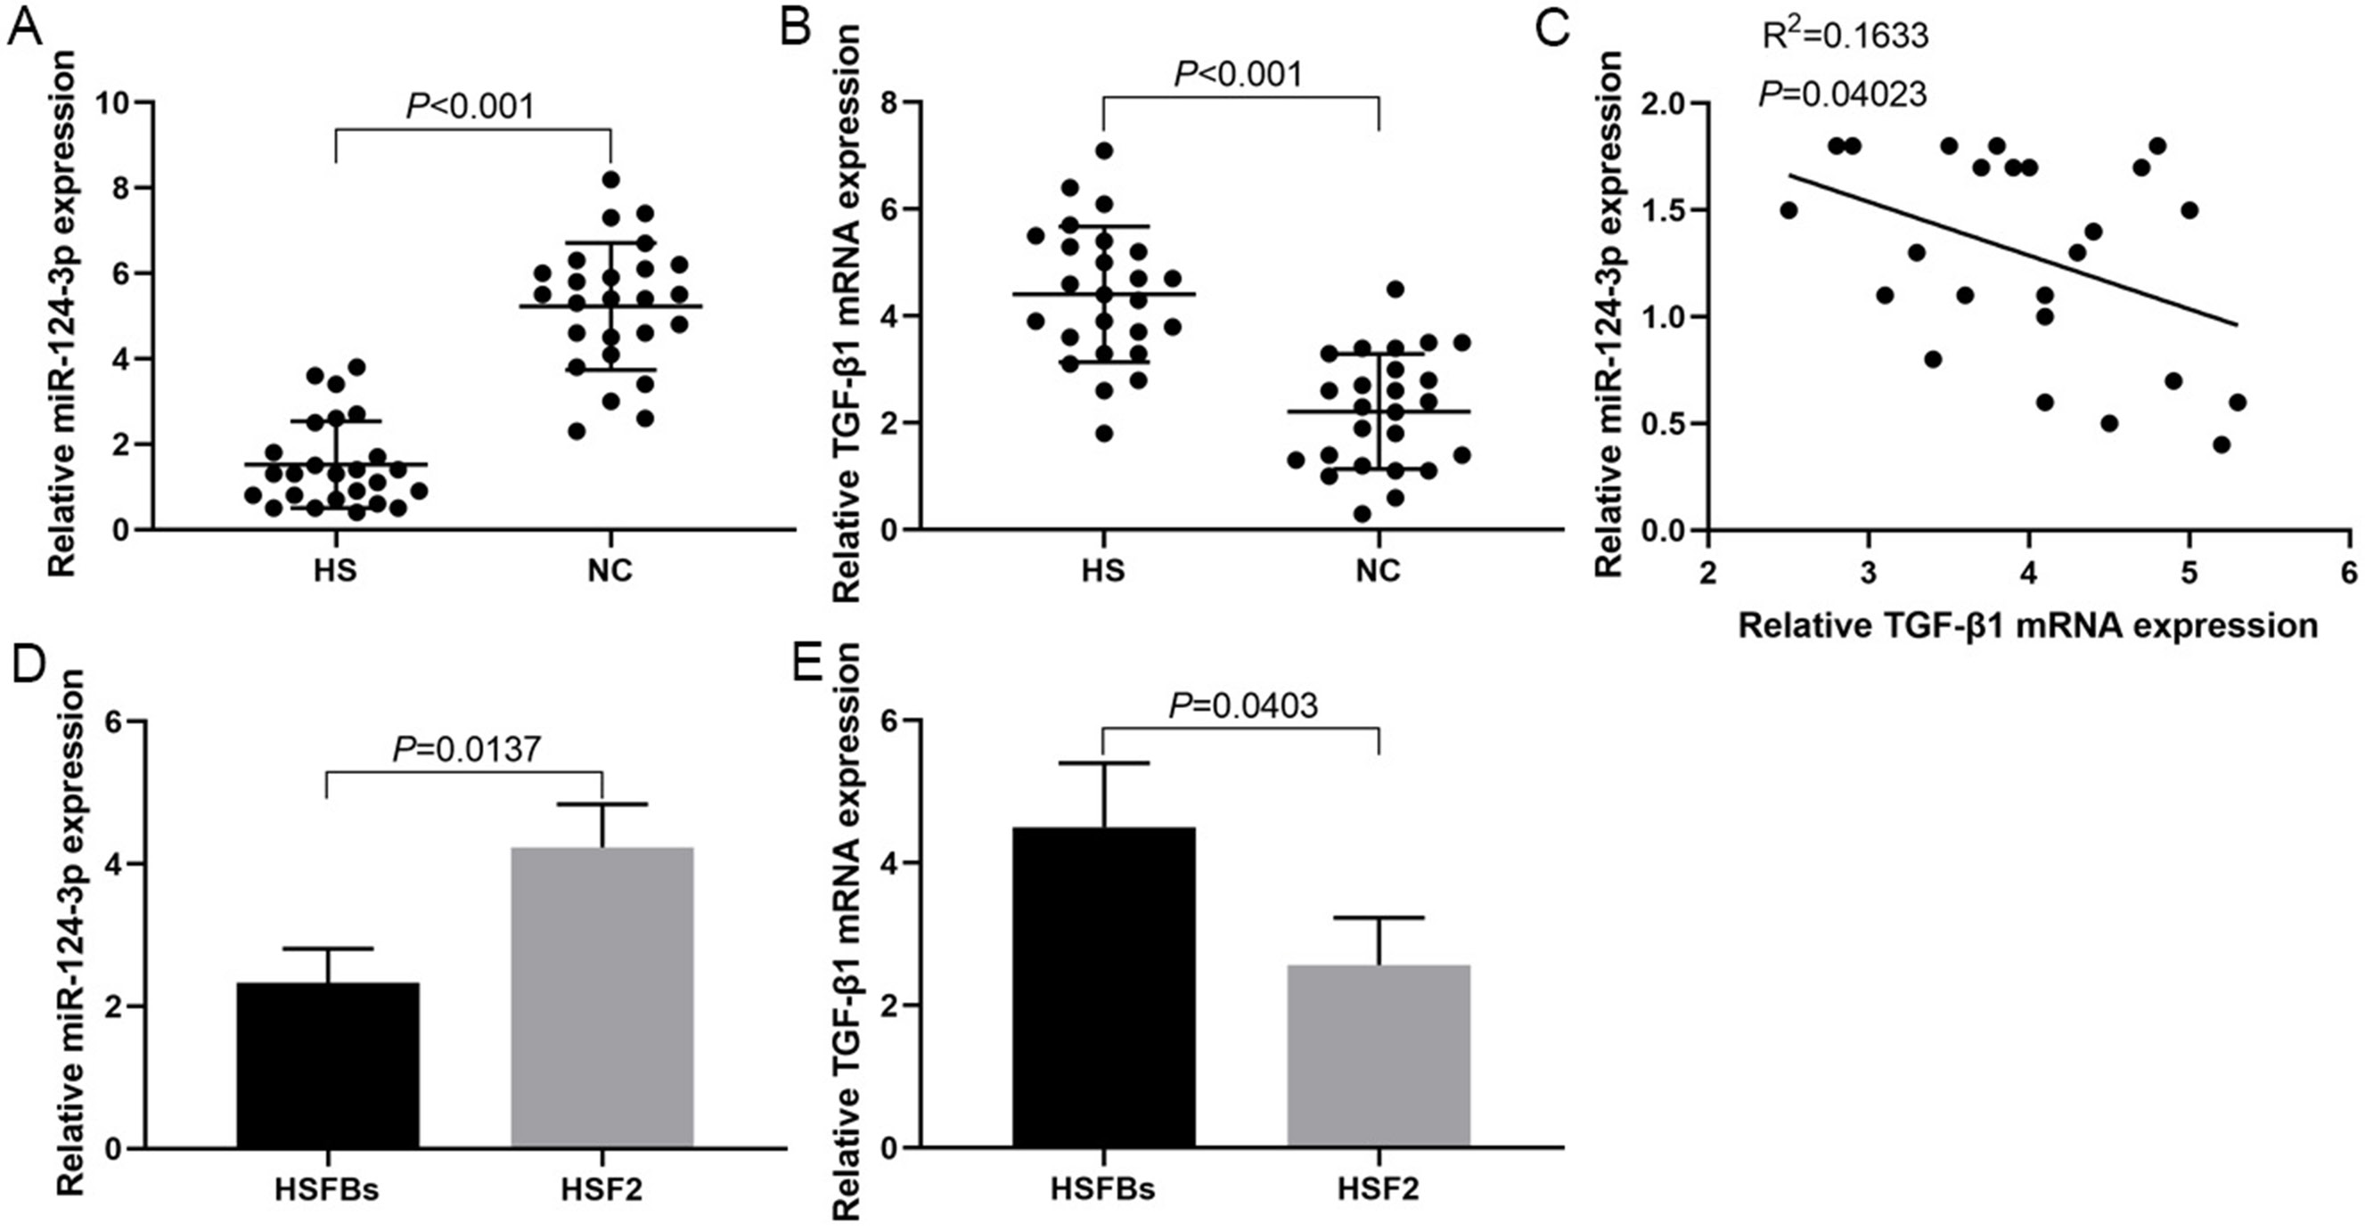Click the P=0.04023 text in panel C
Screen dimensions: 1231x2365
click(1842, 94)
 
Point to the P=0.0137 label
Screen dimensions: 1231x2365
click(466, 750)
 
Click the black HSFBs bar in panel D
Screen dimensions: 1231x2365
click(328, 1064)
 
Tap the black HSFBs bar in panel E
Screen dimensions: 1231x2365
click(1103, 987)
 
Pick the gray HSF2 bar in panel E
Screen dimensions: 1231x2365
click(1378, 1056)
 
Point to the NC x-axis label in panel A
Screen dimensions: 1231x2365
click(610, 571)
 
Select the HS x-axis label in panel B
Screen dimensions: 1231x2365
click(1102, 571)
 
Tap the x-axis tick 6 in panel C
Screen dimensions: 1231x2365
click(2348, 573)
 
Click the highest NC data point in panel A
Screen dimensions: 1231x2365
click(611, 178)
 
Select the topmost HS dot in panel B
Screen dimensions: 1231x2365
click(1103, 151)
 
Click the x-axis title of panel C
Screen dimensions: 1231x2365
click(2028, 625)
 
